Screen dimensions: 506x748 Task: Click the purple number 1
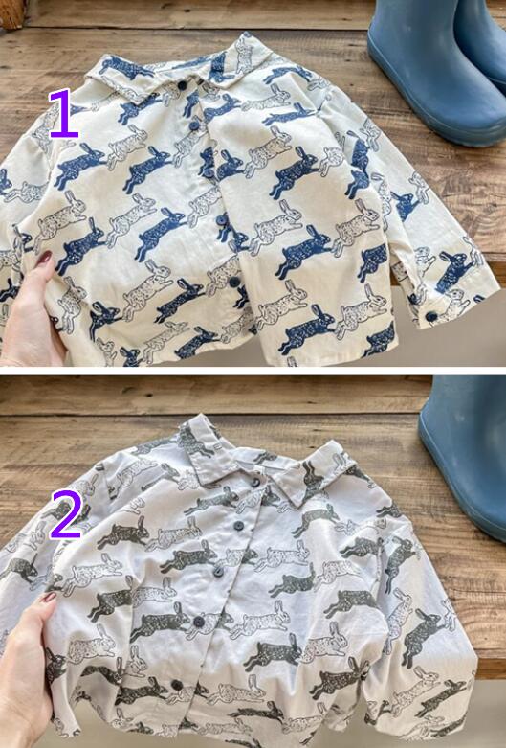(x=64, y=114)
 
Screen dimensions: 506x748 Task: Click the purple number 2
(x=66, y=514)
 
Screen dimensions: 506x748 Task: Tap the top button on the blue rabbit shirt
(x=182, y=85)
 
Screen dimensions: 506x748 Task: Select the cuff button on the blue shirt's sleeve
(x=431, y=316)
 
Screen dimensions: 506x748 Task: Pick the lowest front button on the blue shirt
(x=234, y=282)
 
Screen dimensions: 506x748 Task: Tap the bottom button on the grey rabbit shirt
(x=177, y=686)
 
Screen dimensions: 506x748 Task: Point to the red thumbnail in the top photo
(x=44, y=258)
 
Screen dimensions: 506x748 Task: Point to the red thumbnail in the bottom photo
(x=49, y=597)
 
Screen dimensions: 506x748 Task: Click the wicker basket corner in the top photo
(x=11, y=12)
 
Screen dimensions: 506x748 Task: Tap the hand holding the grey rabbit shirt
(x=26, y=668)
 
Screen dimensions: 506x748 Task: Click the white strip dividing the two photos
(x=253, y=371)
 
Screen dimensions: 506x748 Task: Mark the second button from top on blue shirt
(x=194, y=125)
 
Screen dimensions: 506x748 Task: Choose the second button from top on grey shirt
(x=238, y=526)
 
